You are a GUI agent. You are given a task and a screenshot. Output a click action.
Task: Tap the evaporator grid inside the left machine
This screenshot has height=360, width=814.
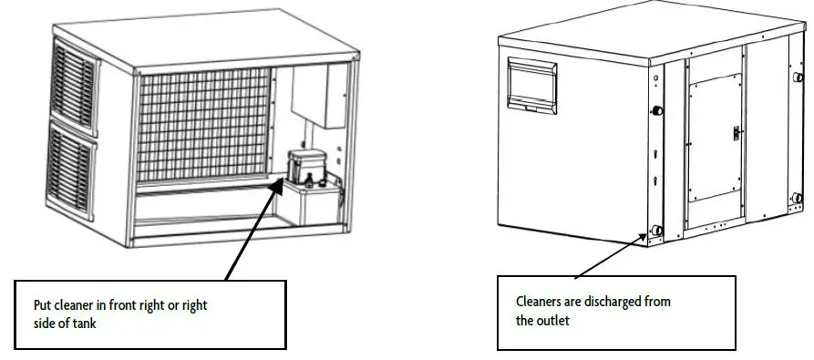[205, 123]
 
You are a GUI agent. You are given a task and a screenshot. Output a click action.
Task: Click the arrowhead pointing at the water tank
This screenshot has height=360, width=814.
[277, 186]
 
